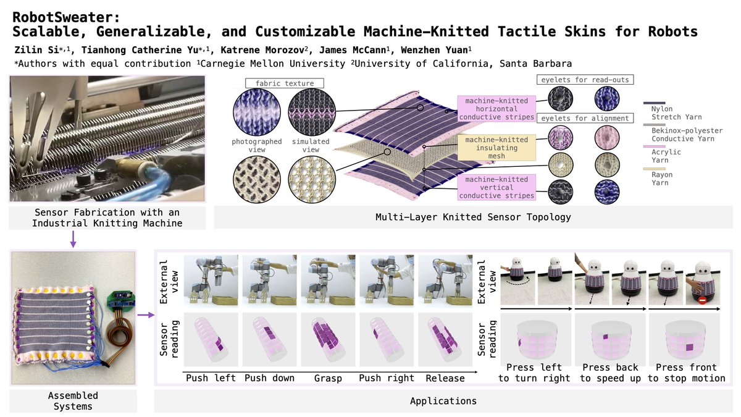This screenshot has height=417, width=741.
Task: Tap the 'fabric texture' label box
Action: [x=285, y=83]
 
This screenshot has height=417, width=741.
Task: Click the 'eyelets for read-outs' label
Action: [x=585, y=80]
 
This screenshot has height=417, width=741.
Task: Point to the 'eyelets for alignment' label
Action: [x=585, y=118]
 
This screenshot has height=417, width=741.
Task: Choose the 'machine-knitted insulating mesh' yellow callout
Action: [x=496, y=148]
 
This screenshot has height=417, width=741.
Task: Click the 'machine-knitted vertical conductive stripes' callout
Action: [x=496, y=187]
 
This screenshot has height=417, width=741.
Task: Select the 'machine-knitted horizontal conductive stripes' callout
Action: [x=496, y=109]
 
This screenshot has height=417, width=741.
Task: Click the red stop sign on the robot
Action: [x=702, y=300]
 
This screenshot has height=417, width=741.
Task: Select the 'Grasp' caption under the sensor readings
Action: [x=328, y=378]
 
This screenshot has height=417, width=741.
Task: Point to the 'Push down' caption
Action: [x=269, y=378]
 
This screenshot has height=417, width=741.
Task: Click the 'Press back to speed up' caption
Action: [x=610, y=373]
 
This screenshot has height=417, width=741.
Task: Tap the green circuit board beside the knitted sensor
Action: [x=121, y=301]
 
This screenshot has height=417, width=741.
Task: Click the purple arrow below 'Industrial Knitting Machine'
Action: [x=73, y=239]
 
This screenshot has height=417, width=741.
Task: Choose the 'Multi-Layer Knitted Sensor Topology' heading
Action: [x=473, y=217]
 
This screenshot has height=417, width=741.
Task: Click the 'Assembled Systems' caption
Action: [x=73, y=401]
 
